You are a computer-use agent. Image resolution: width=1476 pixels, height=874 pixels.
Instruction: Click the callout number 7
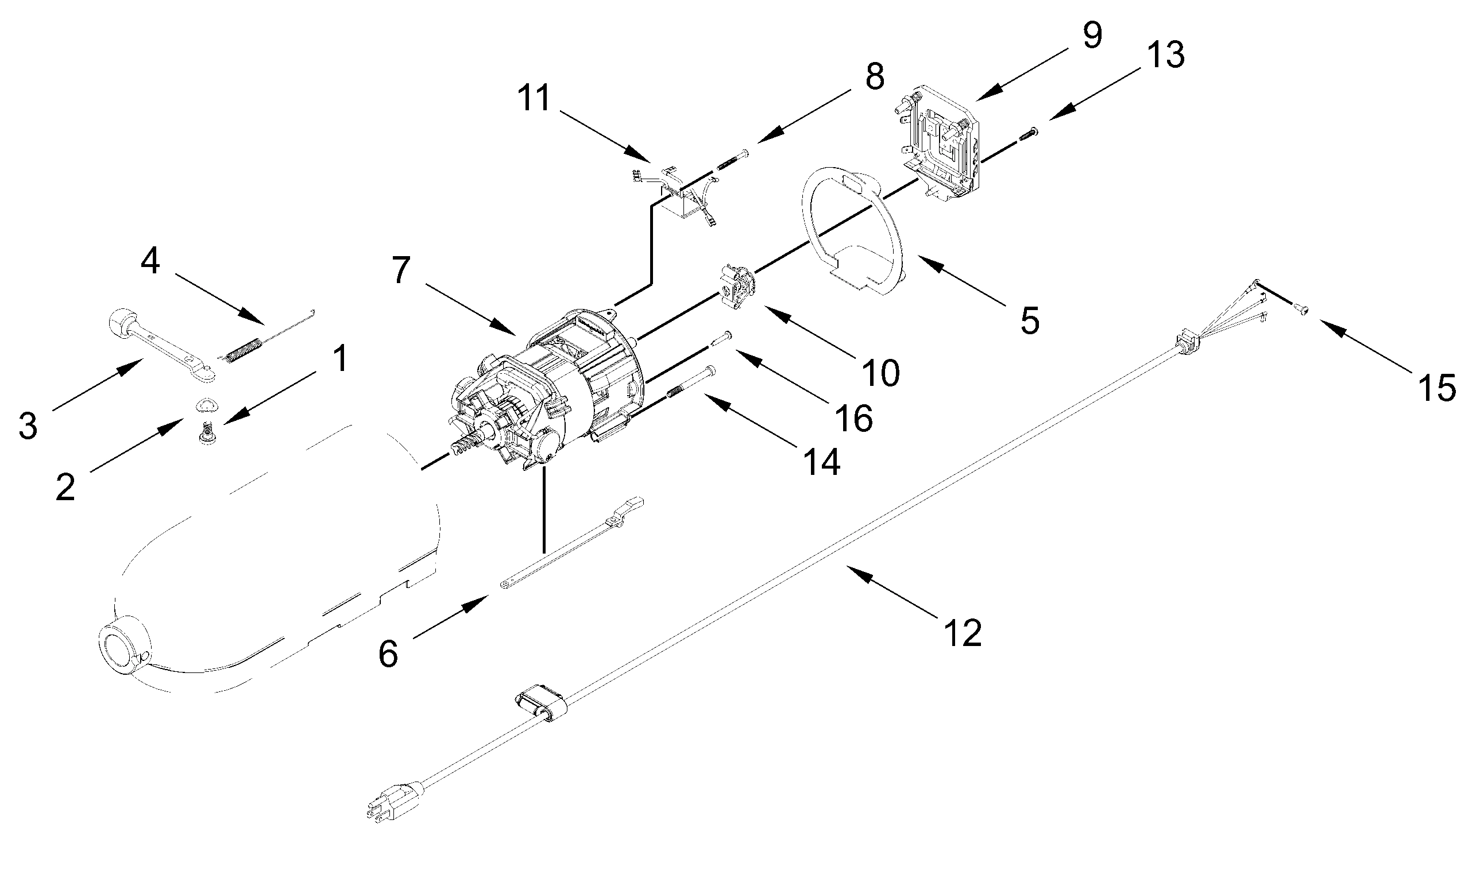(400, 270)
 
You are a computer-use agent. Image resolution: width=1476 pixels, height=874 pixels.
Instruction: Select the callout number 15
(1437, 388)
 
